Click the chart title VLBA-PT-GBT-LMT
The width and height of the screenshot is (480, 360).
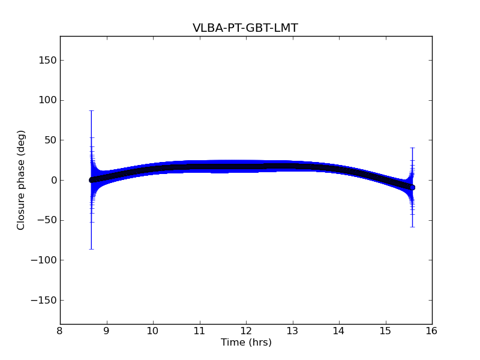pyautogui.click(x=245, y=28)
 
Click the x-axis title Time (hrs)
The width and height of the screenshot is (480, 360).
pyautogui.click(x=246, y=343)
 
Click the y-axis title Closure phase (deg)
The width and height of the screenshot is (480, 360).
pyautogui.click(x=22, y=180)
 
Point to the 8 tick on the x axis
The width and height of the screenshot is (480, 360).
pyautogui.click(x=60, y=331)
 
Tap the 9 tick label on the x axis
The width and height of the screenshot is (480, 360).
pyautogui.click(x=107, y=331)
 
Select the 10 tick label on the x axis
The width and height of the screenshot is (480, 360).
pyautogui.click(x=153, y=331)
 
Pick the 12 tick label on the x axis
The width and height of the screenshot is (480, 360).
pyautogui.click(x=246, y=331)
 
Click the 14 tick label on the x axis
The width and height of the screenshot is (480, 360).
pyautogui.click(x=339, y=331)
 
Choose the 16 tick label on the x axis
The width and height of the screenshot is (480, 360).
pyautogui.click(x=432, y=331)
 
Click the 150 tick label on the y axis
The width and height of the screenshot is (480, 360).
pyautogui.click(x=47, y=60)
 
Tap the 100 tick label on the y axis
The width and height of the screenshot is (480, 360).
pyautogui.click(x=47, y=100)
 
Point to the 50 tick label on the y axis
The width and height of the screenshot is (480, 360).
pyautogui.click(x=49, y=140)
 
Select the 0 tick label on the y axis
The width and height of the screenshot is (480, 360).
pyautogui.click(x=52, y=180)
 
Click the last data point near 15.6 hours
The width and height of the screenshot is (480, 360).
pyautogui.click(x=412, y=187)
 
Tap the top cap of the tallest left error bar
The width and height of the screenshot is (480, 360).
pyautogui.click(x=91, y=111)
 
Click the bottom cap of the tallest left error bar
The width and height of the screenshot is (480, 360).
pyautogui.click(x=91, y=249)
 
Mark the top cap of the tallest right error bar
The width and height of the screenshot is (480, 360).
pyautogui.click(x=412, y=148)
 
